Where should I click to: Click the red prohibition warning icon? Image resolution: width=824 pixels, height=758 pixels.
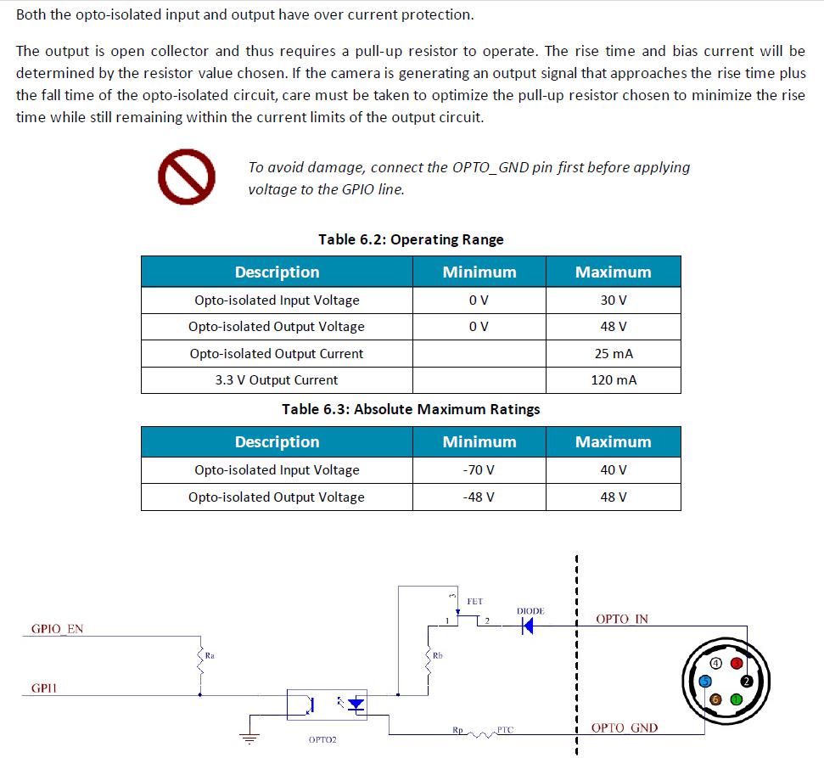pos(186,177)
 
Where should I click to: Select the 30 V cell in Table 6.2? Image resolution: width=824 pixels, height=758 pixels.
pos(613,300)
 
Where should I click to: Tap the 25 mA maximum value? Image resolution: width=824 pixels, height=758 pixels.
pos(613,353)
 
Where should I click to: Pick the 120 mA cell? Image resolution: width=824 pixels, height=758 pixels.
pos(613,379)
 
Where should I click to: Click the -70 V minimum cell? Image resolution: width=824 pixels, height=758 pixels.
pos(479,469)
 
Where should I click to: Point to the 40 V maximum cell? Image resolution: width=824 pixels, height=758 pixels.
pos(613,469)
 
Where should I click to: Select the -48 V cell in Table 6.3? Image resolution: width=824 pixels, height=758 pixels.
pos(479,497)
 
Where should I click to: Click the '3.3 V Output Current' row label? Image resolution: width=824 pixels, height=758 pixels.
pos(276,379)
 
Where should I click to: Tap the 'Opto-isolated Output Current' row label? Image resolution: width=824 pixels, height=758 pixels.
pos(276,353)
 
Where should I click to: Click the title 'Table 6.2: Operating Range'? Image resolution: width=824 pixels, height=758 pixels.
pos(411,239)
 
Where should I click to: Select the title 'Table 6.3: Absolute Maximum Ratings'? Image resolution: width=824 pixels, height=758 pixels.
pos(411,409)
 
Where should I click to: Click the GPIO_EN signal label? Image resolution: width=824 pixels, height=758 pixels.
pos(57,629)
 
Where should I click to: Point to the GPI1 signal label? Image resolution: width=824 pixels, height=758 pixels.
pos(44,688)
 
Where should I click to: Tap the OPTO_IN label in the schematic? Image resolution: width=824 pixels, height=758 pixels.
pos(622,619)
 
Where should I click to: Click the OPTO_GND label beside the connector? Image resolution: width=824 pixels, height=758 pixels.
pos(624,727)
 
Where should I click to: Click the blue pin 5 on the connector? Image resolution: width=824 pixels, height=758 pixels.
pos(704,680)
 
